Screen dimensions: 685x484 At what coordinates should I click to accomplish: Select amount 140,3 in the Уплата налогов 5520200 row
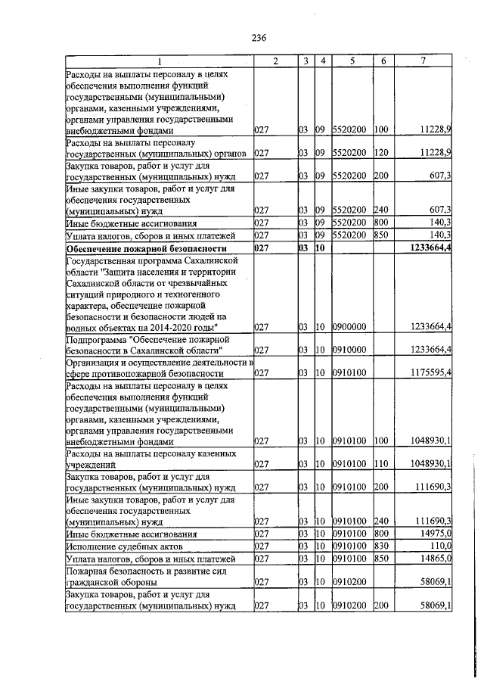point(439,235)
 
